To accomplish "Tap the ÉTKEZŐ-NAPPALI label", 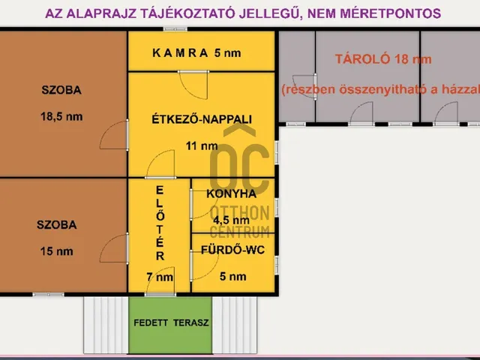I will pyautogui.click(x=202, y=118).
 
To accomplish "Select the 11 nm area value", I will pyautogui.click(x=202, y=146).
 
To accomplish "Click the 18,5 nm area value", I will pyautogui.click(x=61, y=116).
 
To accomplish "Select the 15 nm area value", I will pyautogui.click(x=56, y=251).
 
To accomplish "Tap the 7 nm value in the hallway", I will pyautogui.click(x=159, y=277).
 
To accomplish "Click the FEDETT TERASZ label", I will pyautogui.click(x=171, y=323).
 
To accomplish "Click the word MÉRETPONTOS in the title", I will pyautogui.click(x=391, y=13).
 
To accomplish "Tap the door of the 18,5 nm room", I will pyautogui.click(x=114, y=135).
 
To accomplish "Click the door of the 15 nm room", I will pyautogui.click(x=114, y=247).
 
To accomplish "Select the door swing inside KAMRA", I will pyautogui.click(x=191, y=84).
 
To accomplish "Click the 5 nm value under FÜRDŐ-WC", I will pyautogui.click(x=232, y=276).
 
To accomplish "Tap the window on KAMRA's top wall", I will pyautogui.click(x=175, y=29).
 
